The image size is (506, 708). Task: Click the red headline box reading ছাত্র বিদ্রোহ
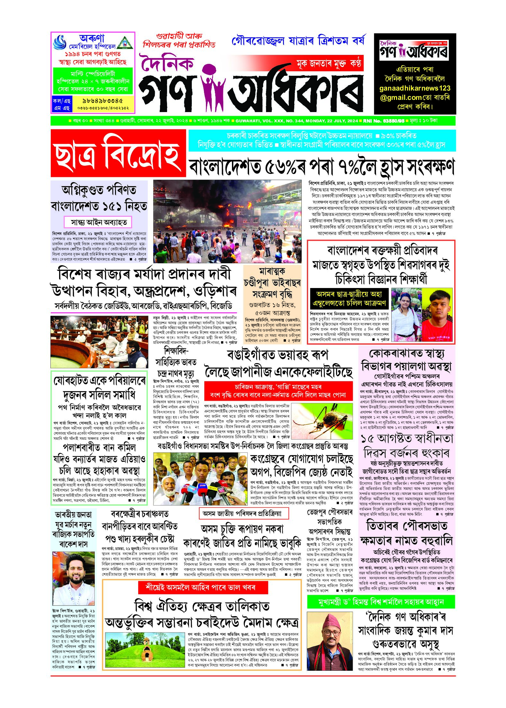pyautogui.click(x=118, y=153)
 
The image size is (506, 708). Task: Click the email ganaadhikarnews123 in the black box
pyautogui.click(x=415, y=88)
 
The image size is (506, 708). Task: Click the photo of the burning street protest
pyautogui.click(x=227, y=222)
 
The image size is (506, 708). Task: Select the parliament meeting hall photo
pyautogui.click(x=99, y=341)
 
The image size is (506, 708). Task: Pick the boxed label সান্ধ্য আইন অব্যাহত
pyautogui.click(x=99, y=222)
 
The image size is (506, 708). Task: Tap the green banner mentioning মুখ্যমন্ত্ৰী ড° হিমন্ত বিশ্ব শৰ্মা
pyautogui.click(x=381, y=601)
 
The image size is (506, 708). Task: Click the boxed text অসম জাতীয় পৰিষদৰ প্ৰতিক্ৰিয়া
pyautogui.click(x=244, y=513)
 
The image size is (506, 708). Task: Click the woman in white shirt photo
pyautogui.click(x=406, y=315)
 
